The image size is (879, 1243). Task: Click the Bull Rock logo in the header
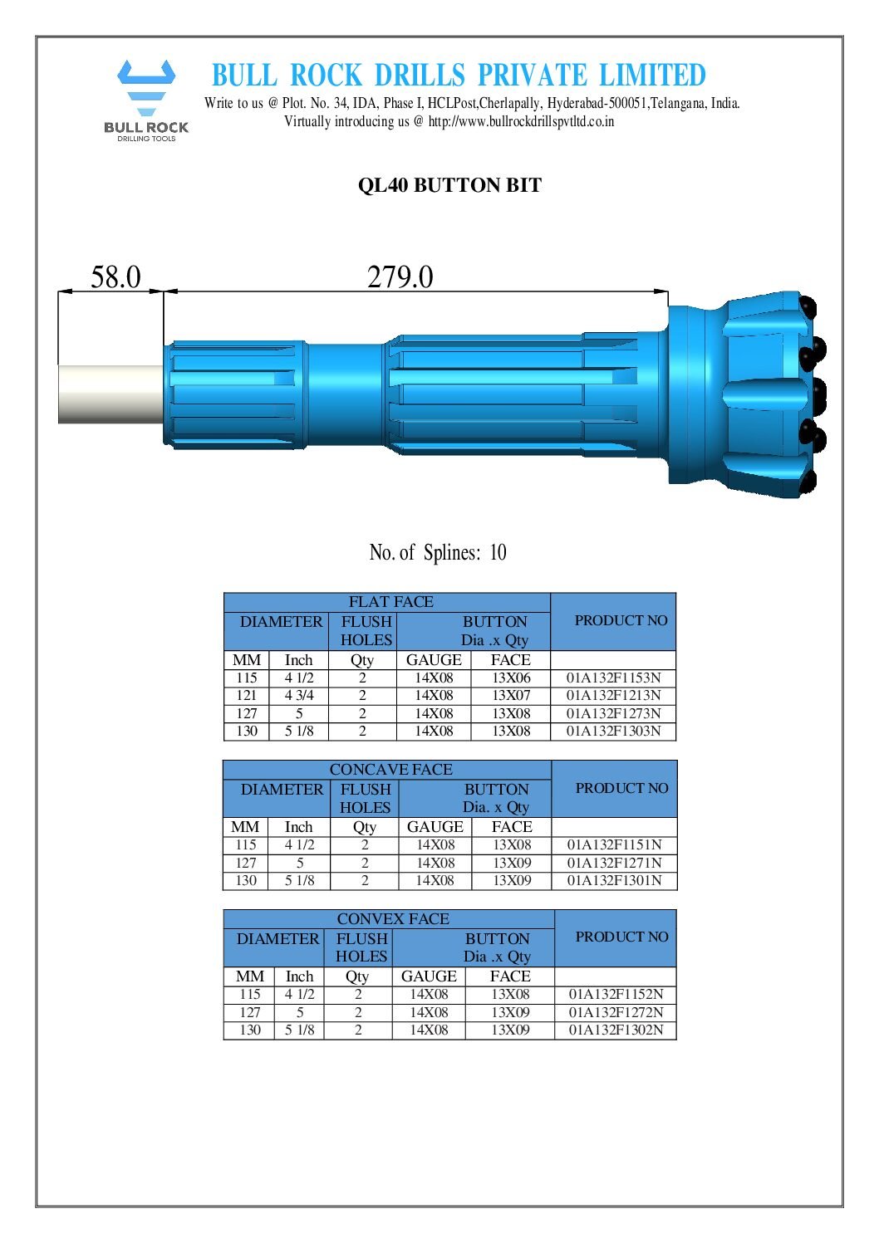pos(146,100)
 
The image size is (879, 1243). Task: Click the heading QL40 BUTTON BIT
pos(449,185)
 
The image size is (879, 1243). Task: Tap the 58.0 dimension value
pos(115,277)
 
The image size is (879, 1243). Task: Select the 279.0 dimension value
pos(400,277)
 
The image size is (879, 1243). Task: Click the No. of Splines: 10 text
pos(438,553)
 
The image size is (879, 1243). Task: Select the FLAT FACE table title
pos(390,602)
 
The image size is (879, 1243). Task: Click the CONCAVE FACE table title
pos(390,770)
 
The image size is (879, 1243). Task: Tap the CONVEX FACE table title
pos(392,919)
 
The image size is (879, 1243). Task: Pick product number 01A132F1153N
pos(613,678)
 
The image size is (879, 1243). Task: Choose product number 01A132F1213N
pos(613,696)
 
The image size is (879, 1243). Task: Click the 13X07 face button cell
pos(511,696)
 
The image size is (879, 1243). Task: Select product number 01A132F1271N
pos(614,863)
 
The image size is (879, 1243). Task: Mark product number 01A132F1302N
pos(616,1030)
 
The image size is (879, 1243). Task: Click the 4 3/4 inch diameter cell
pos(299,696)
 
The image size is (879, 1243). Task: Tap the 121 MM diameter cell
pos(247,696)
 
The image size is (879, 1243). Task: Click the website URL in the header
pos(521,121)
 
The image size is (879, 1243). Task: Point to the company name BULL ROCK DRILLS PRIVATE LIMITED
pos(459,76)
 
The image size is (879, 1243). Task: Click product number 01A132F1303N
pos(613,732)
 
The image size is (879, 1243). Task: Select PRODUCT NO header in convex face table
pos(621,937)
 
